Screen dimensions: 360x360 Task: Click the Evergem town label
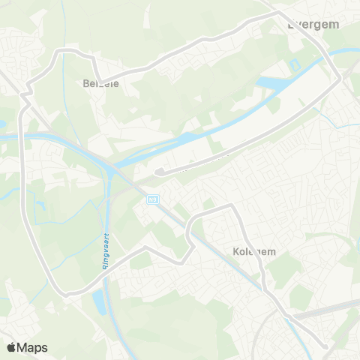tap(313, 24)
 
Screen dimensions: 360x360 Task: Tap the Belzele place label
tap(100, 84)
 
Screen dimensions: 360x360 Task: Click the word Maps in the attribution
tap(32, 347)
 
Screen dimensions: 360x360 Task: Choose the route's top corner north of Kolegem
tap(231, 205)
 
